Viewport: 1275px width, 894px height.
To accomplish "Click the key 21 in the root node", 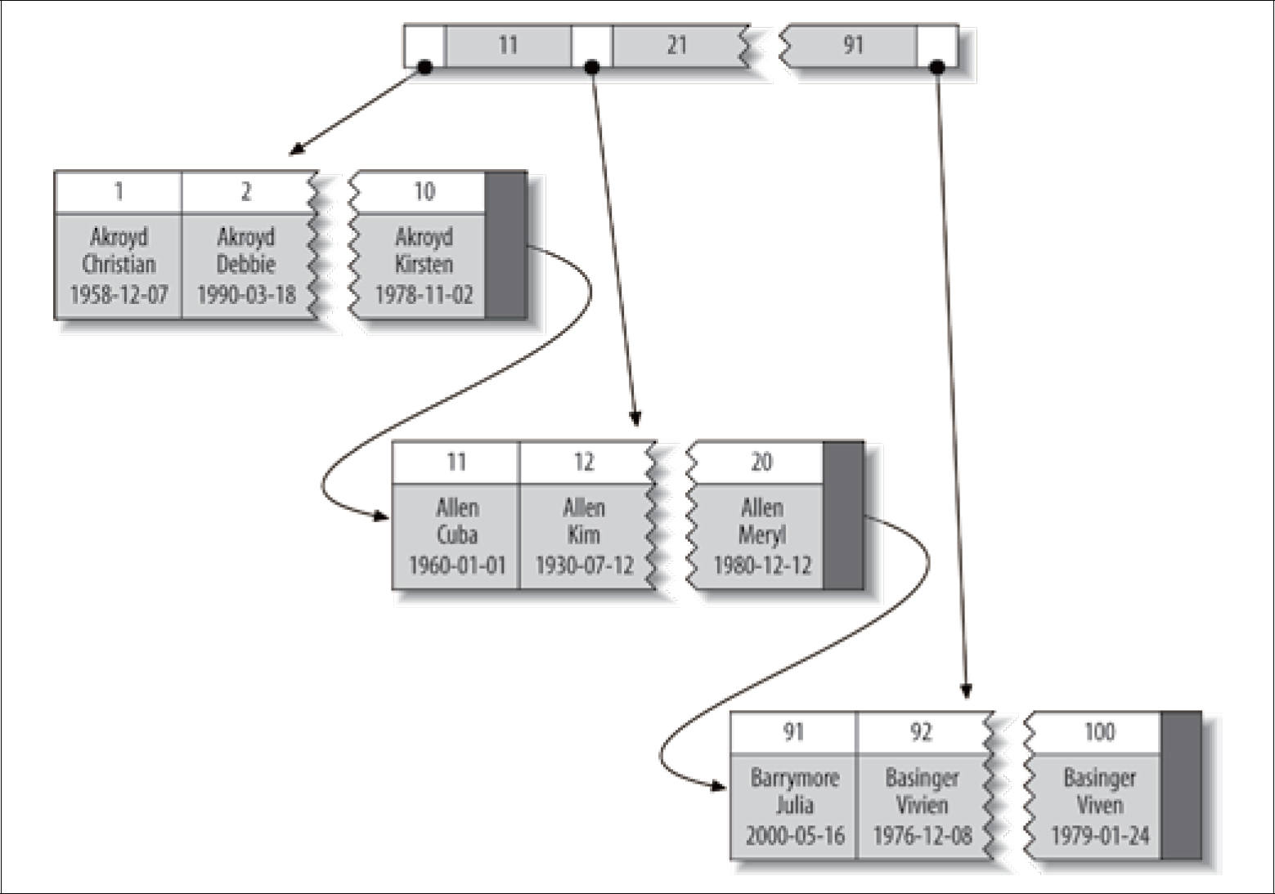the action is point(676,46).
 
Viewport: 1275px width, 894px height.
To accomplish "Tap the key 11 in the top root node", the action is point(508,46).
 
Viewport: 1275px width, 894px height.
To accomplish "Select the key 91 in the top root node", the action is point(853,46).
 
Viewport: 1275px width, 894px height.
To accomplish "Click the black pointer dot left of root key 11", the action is point(424,68).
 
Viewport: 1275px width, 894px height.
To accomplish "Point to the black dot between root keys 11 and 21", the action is point(592,68).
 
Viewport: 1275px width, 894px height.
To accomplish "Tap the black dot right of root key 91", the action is point(937,68).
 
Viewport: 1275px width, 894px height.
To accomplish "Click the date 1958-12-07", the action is point(119,294).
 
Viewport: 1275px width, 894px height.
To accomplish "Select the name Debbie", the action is point(246,265).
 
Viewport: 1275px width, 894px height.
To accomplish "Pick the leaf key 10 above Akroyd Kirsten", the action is point(424,192).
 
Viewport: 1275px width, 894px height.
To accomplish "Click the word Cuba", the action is point(457,534).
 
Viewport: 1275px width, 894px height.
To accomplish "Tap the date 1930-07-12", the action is point(585,565).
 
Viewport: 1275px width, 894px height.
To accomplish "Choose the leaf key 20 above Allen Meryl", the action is point(762,462).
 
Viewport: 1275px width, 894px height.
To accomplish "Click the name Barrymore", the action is point(795,778).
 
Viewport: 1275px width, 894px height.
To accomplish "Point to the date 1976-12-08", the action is point(922,836).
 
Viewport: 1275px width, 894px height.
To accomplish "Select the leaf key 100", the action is point(1100,732).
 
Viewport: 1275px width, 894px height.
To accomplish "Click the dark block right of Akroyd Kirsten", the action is point(505,245).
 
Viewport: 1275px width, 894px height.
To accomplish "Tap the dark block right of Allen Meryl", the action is point(843,516).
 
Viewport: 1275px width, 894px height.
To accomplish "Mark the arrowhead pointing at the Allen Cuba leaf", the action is point(380,516).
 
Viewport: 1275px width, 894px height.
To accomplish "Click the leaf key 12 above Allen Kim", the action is point(584,462).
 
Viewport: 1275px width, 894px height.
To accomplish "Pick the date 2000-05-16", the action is point(795,836).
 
